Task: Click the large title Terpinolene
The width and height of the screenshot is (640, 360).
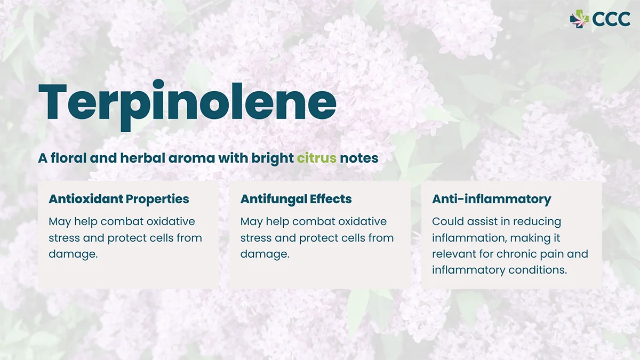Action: pyautogui.click(x=187, y=102)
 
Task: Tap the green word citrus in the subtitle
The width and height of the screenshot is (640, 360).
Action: pyautogui.click(x=316, y=158)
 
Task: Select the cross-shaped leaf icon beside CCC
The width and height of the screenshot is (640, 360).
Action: pyautogui.click(x=579, y=19)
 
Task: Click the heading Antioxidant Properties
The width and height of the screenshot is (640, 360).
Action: pyautogui.click(x=118, y=199)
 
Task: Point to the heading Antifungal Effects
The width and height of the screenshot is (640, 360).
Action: pyautogui.click(x=295, y=199)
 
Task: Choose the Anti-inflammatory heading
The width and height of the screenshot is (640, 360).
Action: pyautogui.click(x=491, y=199)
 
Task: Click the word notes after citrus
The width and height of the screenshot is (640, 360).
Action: pyautogui.click(x=359, y=158)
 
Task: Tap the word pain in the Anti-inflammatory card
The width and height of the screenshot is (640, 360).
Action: pyautogui.click(x=555, y=254)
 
